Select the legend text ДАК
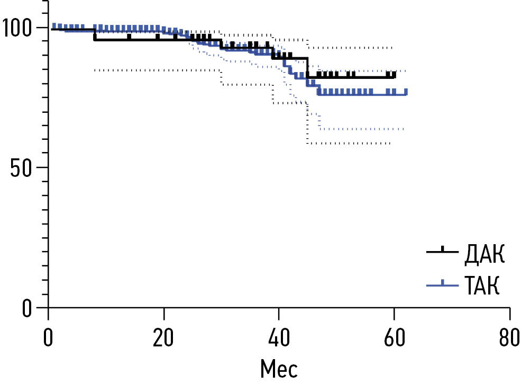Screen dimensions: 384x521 [x=484, y=255]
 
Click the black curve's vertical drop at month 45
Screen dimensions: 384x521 [x=307, y=68]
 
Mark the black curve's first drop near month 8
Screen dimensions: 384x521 [x=94, y=34]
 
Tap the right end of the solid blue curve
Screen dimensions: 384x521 [x=406, y=94]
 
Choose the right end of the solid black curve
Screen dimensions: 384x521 [x=395, y=77]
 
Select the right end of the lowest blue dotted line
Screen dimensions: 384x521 [x=404, y=129]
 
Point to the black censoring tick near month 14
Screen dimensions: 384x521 [x=129, y=37]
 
